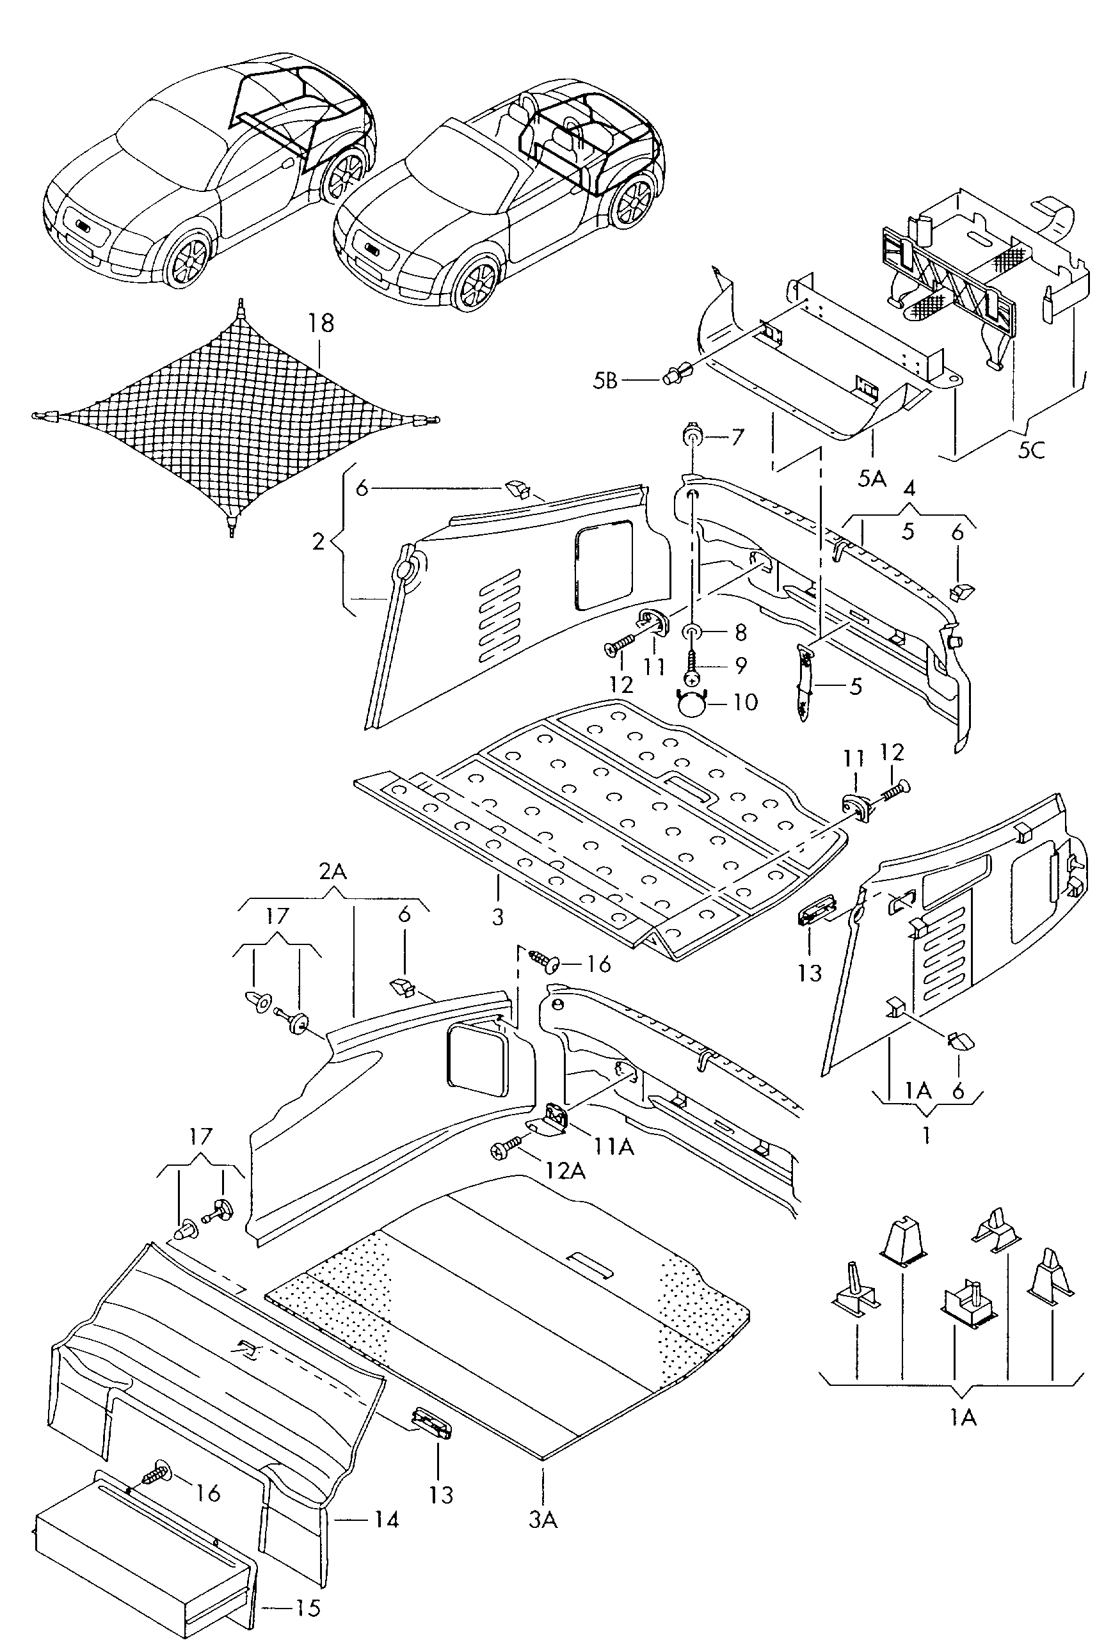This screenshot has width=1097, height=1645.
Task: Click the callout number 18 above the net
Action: pyautogui.click(x=321, y=324)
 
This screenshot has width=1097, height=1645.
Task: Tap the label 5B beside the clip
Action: pyautogui.click(x=605, y=381)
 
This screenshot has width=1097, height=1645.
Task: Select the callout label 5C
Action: pyautogui.click(x=1030, y=450)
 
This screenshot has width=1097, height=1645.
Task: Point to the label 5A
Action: pyautogui.click(x=872, y=479)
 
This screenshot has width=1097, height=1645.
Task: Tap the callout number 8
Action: pyautogui.click(x=741, y=632)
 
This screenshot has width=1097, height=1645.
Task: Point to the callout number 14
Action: pyautogui.click(x=385, y=1520)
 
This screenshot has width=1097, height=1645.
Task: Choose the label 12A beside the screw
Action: pyautogui.click(x=565, y=1171)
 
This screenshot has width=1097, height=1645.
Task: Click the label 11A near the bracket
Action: pyautogui.click(x=614, y=1147)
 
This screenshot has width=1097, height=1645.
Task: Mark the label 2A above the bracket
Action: pyautogui.click(x=333, y=871)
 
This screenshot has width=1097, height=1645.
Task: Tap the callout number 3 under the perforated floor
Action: pyautogui.click(x=497, y=916)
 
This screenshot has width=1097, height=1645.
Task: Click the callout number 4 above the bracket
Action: pyautogui.click(x=909, y=488)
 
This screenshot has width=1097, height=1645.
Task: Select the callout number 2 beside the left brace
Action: pyautogui.click(x=318, y=541)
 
